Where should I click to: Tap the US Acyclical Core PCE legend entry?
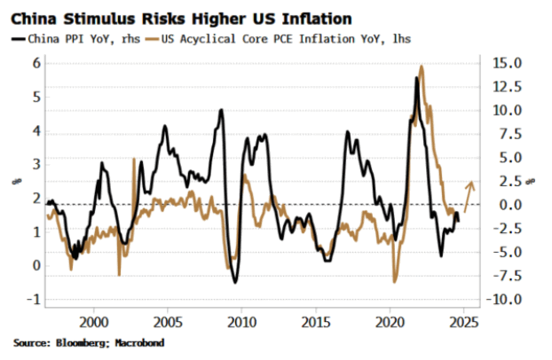(x=283, y=38)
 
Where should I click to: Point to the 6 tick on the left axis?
(x=37, y=63)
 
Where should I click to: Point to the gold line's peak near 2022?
(x=421, y=67)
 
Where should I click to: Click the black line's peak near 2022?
(x=416, y=79)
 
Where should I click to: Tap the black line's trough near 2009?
(x=235, y=282)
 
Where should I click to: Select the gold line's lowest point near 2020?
(x=394, y=281)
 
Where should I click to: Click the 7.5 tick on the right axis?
(x=504, y=134)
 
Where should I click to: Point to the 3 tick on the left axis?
(x=37, y=164)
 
